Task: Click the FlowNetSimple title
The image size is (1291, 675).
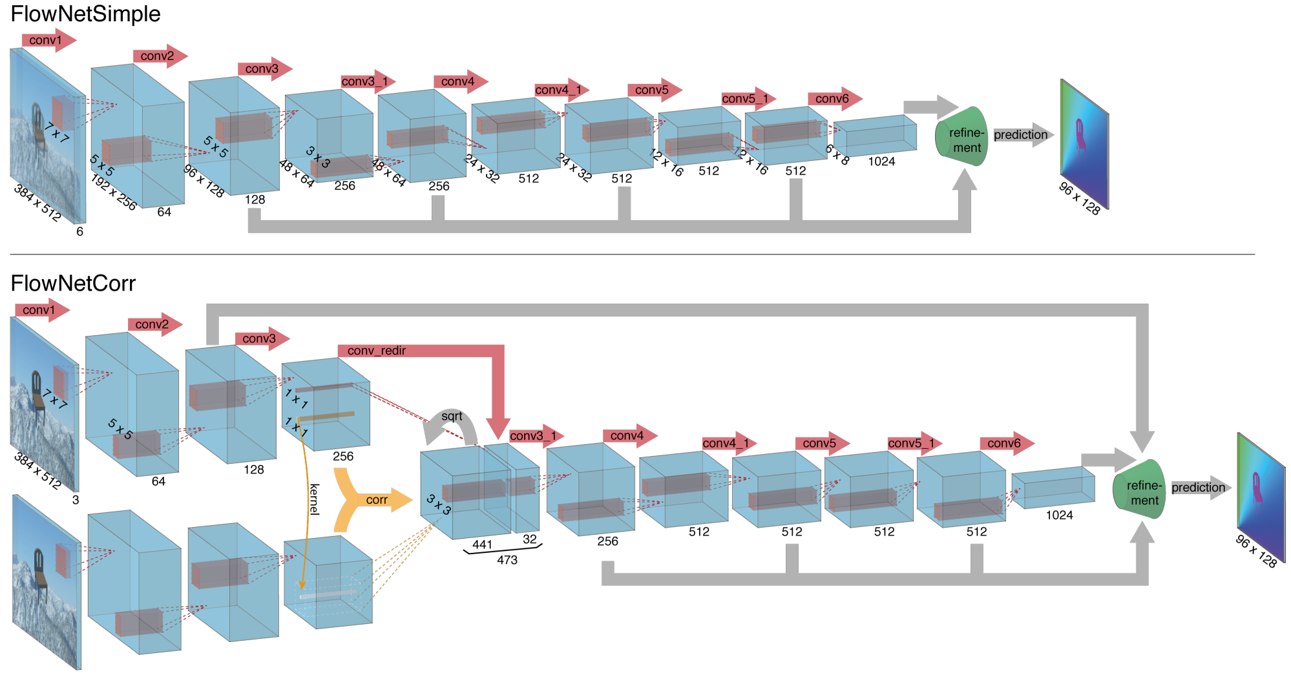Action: point(85,14)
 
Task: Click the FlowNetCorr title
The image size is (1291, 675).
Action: point(73,284)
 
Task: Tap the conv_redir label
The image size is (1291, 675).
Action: point(377,351)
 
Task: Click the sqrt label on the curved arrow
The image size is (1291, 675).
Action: point(452,417)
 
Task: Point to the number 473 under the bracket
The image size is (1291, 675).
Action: point(507,560)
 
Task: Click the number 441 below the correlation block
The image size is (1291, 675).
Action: point(482,545)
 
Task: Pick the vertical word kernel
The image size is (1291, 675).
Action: point(315,499)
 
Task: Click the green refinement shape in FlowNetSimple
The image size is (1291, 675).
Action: point(961,137)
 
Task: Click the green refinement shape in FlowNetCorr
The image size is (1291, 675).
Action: point(1139,489)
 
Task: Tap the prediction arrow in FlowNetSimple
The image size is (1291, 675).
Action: point(1023,135)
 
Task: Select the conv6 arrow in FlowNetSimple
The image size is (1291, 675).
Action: point(835,99)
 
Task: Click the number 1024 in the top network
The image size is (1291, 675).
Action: point(881,161)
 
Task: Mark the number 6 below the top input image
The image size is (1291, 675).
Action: point(79,231)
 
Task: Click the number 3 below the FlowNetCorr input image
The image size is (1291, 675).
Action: point(76,500)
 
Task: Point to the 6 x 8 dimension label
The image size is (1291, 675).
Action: point(837,154)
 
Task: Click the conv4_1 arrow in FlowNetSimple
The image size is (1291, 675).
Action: point(562,90)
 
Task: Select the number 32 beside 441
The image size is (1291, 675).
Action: point(530,539)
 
